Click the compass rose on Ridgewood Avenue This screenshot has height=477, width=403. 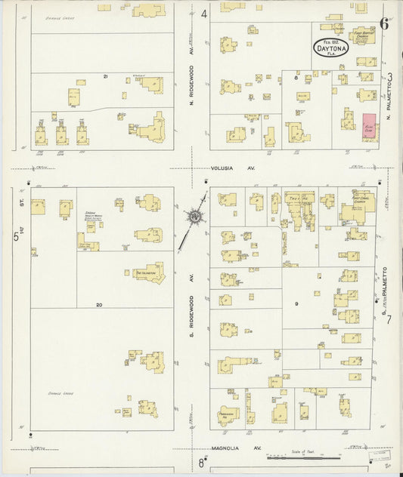[x=196, y=217]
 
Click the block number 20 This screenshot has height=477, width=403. [x=98, y=304]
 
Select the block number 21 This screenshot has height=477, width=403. [x=106, y=76]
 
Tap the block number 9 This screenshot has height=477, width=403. [x=296, y=304]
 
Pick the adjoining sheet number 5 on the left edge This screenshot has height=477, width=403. [x=15, y=236]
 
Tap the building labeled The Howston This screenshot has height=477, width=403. [x=149, y=273]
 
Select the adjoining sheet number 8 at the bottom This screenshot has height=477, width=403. [x=202, y=462]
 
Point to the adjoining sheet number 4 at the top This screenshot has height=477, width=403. [x=205, y=14]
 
